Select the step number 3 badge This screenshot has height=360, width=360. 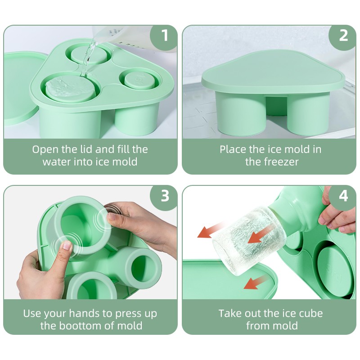pyautogui.click(x=164, y=196)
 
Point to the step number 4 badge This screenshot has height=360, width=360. pyautogui.click(x=343, y=196)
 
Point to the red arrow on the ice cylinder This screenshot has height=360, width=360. pyautogui.click(x=260, y=234)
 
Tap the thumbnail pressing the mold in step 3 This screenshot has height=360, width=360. pyautogui.click(x=67, y=246)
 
